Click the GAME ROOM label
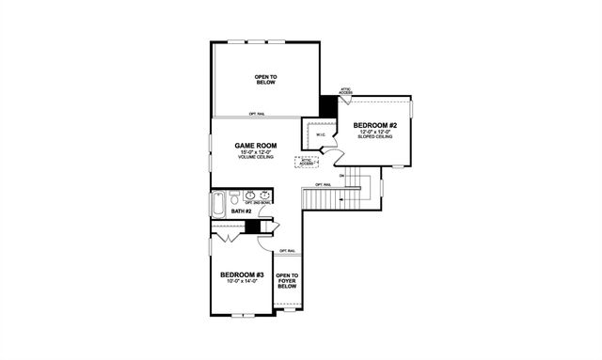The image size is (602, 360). (x=254, y=146)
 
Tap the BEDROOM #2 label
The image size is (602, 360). (x=375, y=125)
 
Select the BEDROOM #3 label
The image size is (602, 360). (x=242, y=274)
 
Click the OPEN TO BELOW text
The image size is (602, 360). (x=265, y=79)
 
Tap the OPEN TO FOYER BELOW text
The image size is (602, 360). (x=287, y=281)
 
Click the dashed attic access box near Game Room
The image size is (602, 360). (x=307, y=162)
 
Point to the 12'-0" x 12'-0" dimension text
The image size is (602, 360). (x=375, y=132)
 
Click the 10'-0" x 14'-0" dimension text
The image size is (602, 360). (x=242, y=282)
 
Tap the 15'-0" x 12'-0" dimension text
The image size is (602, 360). (x=254, y=152)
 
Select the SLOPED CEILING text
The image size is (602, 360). (x=375, y=137)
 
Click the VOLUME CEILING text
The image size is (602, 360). (x=254, y=158)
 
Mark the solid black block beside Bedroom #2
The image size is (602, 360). (x=327, y=106)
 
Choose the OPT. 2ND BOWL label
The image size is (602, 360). (x=257, y=203)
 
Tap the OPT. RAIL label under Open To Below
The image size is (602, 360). (x=256, y=114)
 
